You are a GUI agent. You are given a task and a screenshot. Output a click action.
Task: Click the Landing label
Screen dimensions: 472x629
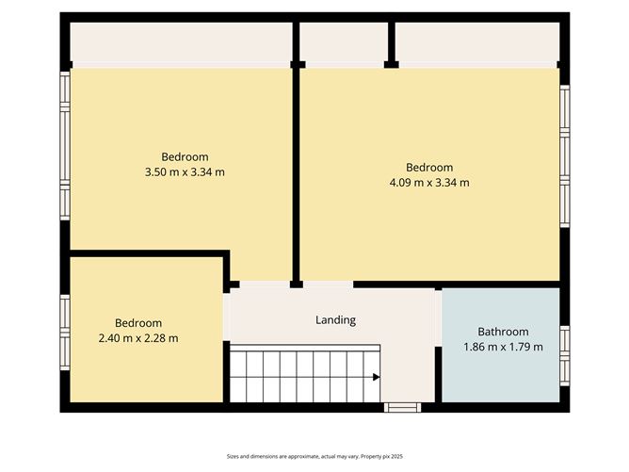[x=335, y=320]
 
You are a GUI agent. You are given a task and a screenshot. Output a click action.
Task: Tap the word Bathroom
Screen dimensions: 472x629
[x=503, y=332]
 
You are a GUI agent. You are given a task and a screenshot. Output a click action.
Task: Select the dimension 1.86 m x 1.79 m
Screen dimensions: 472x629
[x=503, y=347]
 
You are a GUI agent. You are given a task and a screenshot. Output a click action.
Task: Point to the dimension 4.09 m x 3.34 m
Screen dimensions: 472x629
[x=429, y=183]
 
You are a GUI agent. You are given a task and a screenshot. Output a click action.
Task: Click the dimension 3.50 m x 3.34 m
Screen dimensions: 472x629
[x=185, y=171]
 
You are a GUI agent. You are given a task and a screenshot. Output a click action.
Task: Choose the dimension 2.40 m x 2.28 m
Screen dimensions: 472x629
[x=138, y=338]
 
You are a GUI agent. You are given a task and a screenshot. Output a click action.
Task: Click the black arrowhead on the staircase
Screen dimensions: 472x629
[x=376, y=378]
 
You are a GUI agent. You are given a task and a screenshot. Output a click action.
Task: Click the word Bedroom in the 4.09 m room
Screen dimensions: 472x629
[x=429, y=168]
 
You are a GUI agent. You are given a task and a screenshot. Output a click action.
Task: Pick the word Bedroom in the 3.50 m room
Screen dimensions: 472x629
[x=185, y=156]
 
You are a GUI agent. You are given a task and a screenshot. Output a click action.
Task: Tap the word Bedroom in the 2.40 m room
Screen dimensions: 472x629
[x=138, y=323]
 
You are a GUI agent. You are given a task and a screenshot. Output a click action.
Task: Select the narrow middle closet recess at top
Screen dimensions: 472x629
[x=344, y=42]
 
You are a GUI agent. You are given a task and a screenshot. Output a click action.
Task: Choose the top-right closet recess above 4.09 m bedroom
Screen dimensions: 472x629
[x=477, y=42]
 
